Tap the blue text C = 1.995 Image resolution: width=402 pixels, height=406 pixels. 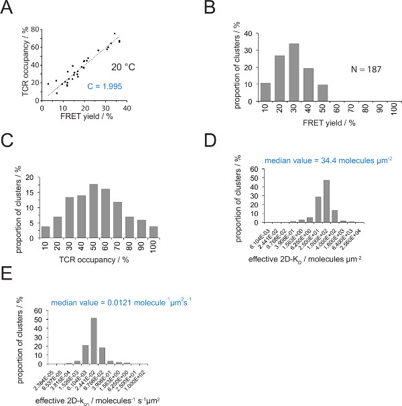96,86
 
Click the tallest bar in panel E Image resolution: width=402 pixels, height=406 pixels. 94,336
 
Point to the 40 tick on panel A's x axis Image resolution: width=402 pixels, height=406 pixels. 127,108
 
